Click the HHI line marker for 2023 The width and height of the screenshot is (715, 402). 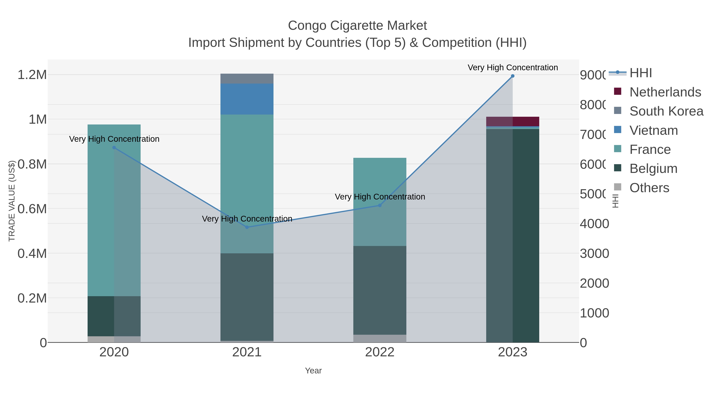tap(512, 76)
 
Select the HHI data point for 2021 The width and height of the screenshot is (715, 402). tap(247, 227)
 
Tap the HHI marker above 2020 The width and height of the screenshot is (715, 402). tap(114, 147)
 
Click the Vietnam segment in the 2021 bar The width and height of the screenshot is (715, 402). tap(247, 99)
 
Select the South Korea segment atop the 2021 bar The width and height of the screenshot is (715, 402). tap(247, 78)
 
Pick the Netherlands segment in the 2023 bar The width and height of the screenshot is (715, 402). tap(512, 121)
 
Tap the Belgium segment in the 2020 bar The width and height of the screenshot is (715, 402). tap(114, 316)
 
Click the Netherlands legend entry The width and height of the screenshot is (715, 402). tap(665, 92)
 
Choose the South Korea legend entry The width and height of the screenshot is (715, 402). tap(666, 111)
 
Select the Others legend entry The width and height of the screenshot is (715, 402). tap(649, 188)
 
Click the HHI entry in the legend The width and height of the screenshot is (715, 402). tap(640, 73)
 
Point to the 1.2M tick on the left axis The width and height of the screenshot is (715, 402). tap(32, 75)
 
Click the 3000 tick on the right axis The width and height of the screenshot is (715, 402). tap(594, 254)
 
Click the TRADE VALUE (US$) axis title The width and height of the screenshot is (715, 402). tap(12, 201)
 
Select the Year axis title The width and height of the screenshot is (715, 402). tap(313, 371)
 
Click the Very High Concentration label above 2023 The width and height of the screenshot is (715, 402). tap(512, 68)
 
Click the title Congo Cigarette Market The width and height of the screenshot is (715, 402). tap(357, 26)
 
